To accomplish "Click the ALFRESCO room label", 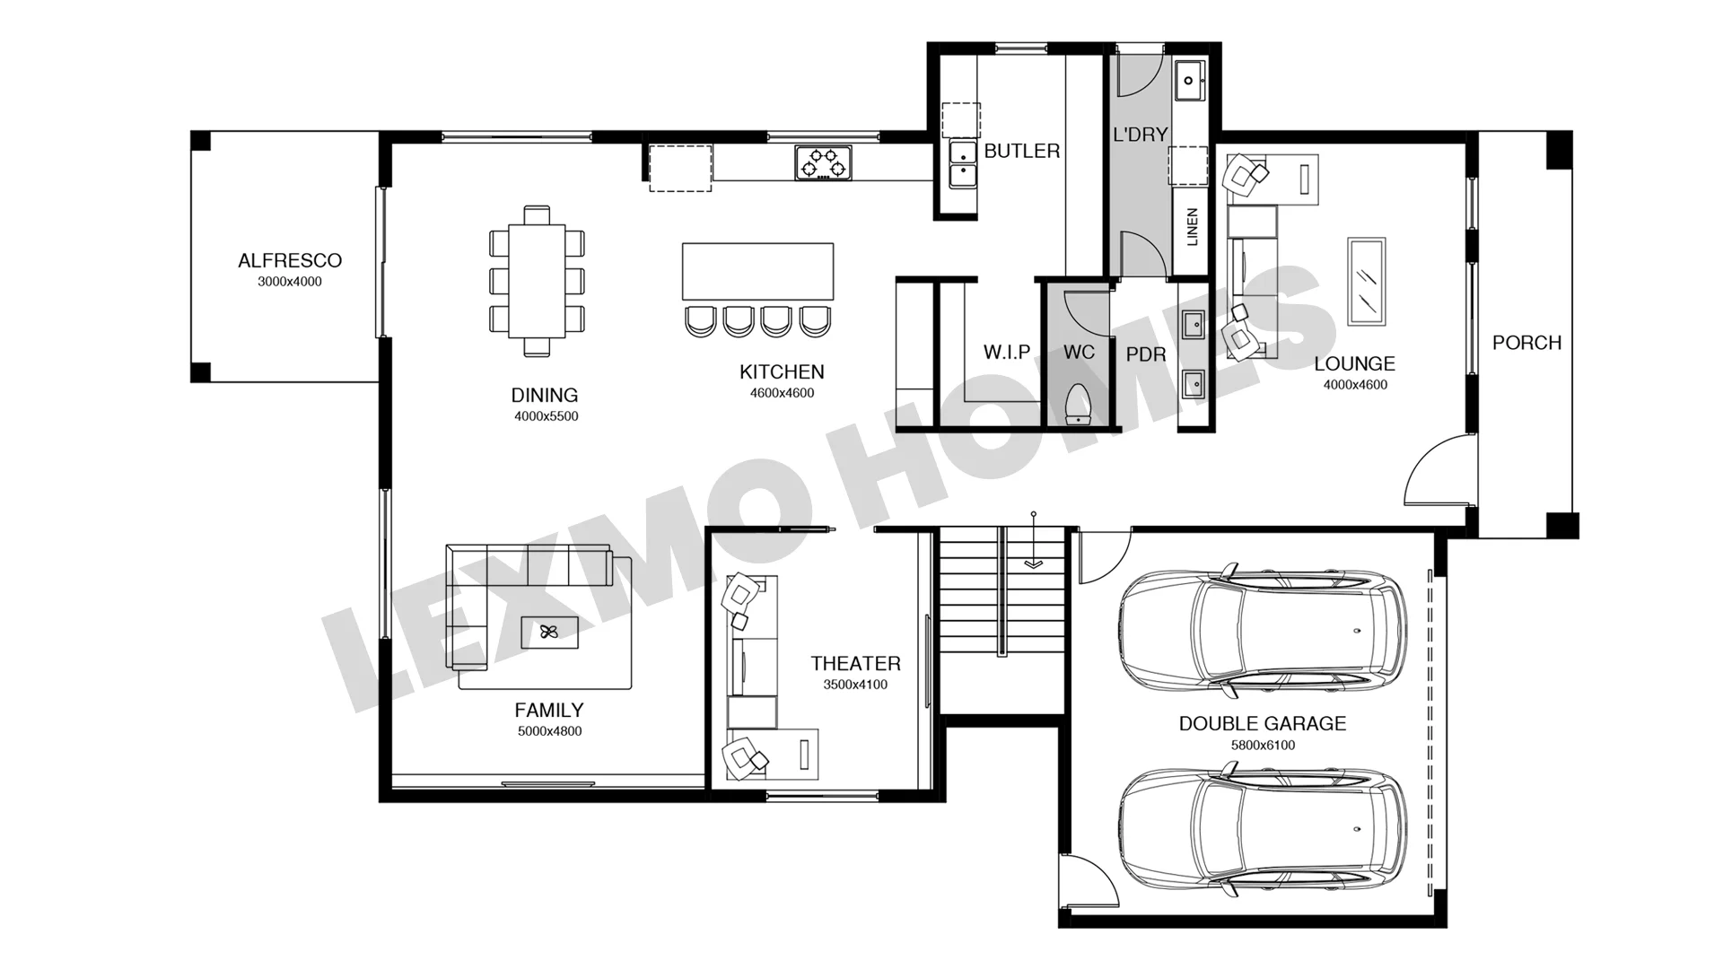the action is [x=290, y=260].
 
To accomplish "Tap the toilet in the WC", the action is [x=1076, y=405].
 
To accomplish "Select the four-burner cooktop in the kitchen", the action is [x=823, y=163].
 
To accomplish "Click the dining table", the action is [x=537, y=281].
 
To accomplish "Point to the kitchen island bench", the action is [x=758, y=271].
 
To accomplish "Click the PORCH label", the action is [x=1526, y=343].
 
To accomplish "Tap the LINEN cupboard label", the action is [x=1192, y=227].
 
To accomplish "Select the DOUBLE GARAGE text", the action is [x=1262, y=723].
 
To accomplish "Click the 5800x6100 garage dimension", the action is [x=1263, y=745].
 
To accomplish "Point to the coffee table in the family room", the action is [x=549, y=633].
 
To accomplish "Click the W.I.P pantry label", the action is [x=1007, y=352].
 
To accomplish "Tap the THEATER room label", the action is [x=855, y=663].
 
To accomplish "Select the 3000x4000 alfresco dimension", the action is [x=290, y=282].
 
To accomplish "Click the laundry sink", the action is [x=1189, y=81].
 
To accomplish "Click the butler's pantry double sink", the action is [x=964, y=164].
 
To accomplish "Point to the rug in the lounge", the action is [x=1367, y=282].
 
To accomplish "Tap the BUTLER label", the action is [x=1022, y=151].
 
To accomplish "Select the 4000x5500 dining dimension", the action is [x=547, y=416].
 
